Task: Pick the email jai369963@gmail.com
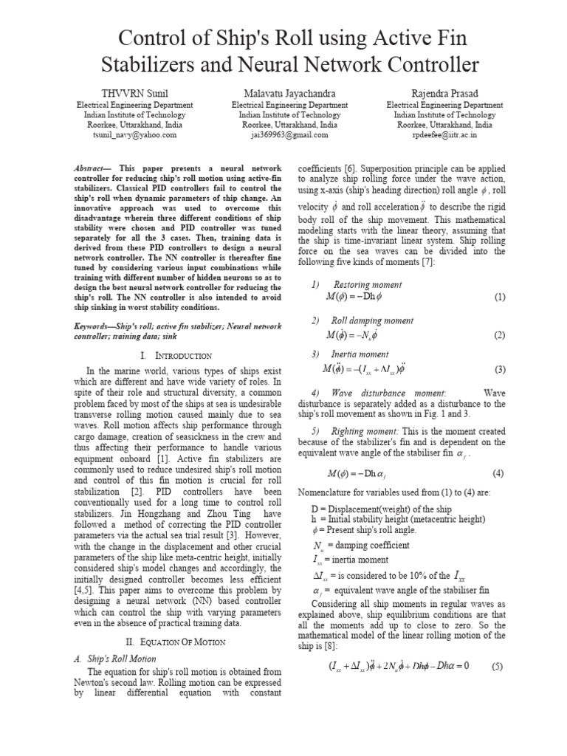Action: pos(284,135)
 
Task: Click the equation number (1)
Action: pos(500,297)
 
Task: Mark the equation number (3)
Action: pos(500,369)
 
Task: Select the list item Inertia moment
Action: pos(360,354)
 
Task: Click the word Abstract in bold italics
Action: pos(94,168)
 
